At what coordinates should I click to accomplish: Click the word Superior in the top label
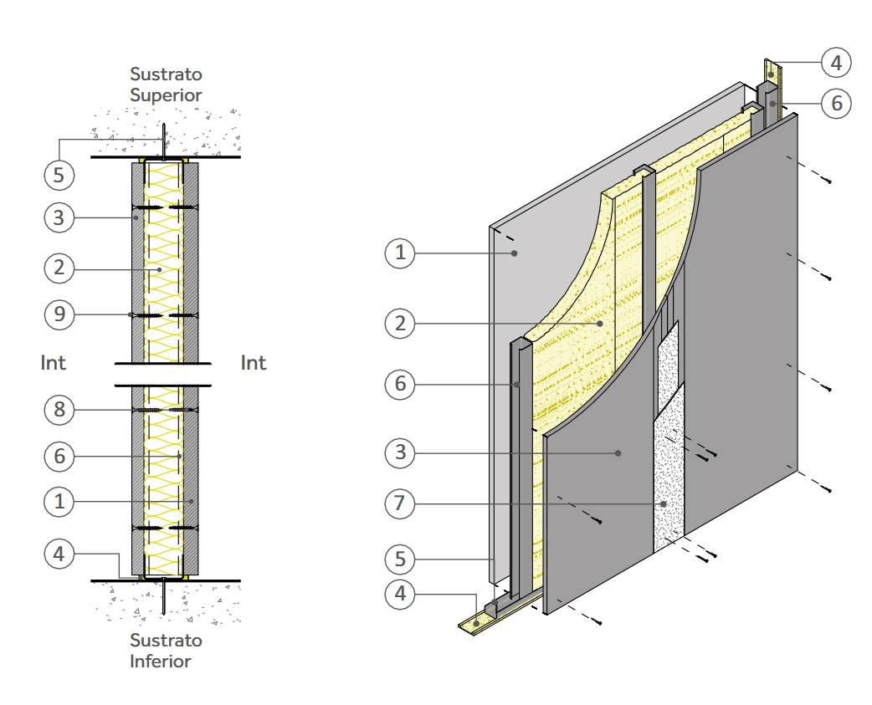166,95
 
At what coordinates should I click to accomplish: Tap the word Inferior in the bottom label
160,662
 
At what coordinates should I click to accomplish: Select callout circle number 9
59,314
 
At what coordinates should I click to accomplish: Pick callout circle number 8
59,410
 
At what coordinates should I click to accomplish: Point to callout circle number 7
401,504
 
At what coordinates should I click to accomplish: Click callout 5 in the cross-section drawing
59,175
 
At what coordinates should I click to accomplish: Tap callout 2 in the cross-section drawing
59,268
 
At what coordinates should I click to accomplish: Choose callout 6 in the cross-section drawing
59,457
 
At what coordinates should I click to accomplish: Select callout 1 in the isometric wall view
401,253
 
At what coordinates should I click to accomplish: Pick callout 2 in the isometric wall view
401,323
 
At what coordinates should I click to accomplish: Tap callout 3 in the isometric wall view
401,453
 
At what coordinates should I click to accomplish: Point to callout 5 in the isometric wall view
401,558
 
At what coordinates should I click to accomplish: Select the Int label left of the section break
53,363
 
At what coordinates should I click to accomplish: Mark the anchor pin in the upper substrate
165,138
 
